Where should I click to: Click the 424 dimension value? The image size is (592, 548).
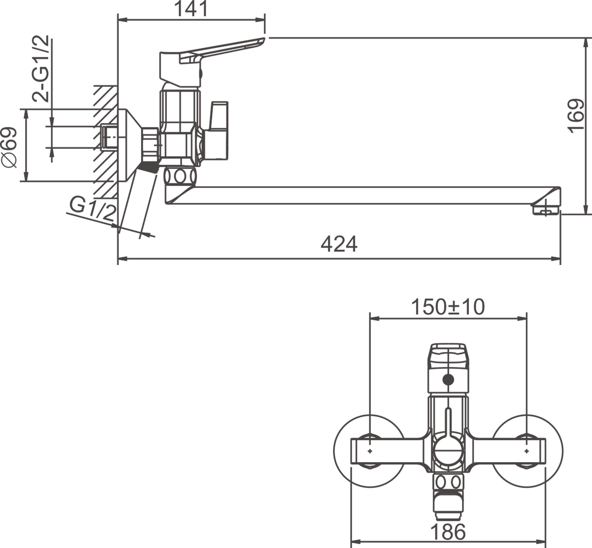pyautogui.click(x=339, y=244)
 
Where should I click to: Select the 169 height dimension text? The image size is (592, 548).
pyautogui.click(x=576, y=116)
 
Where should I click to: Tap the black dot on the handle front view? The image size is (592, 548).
pyautogui.click(x=448, y=380)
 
